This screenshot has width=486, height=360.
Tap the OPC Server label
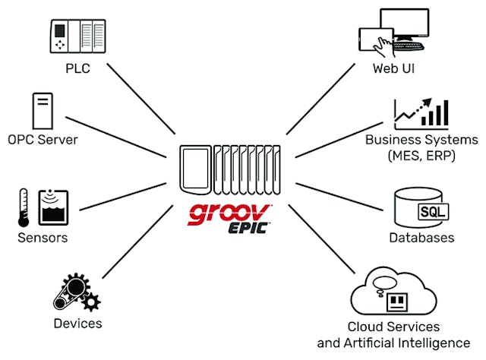(43, 141)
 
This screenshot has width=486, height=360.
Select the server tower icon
(43, 112)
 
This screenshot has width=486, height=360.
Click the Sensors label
(43, 238)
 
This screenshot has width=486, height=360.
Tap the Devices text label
(77, 324)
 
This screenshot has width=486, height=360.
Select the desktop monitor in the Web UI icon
(414, 34)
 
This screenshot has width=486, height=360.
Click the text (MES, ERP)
(421, 154)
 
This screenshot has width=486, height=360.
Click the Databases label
(422, 238)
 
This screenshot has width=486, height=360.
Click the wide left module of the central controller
(194, 169)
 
